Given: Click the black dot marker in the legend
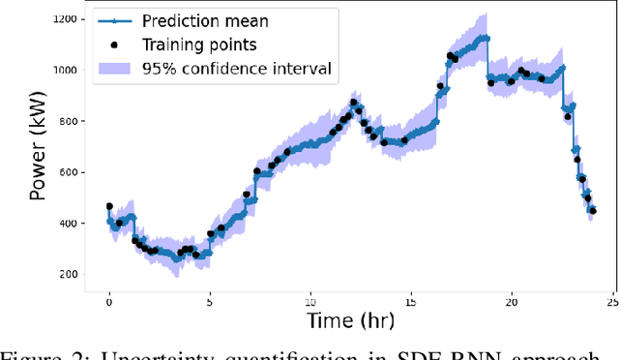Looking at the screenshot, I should click(114, 45).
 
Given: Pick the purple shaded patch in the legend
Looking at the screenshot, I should click(114, 67).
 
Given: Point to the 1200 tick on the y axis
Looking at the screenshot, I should click(68, 19).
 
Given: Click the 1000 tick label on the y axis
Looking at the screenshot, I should click(68, 71).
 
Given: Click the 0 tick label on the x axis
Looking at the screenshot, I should click(109, 301).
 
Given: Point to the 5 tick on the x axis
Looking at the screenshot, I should click(210, 301).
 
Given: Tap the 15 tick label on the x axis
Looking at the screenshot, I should click(411, 301).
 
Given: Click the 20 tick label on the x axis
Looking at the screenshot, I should click(512, 301).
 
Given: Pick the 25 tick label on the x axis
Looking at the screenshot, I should click(611, 301).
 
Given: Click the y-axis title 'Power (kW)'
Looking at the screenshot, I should click(39, 151).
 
